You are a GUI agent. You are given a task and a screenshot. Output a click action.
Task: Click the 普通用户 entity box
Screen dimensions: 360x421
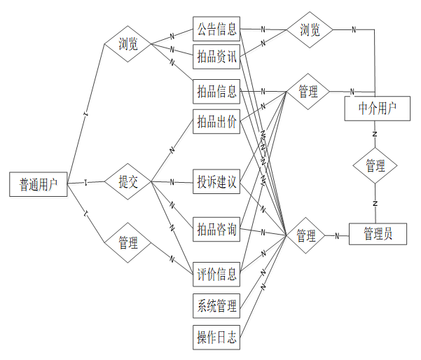[39, 184]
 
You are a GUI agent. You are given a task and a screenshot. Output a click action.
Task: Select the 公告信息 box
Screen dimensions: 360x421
[216, 30]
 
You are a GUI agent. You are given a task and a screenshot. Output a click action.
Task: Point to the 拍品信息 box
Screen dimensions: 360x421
[216, 91]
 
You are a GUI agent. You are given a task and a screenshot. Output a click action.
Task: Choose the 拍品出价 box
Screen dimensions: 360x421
[216, 122]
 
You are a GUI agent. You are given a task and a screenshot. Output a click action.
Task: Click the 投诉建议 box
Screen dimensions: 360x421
[216, 183]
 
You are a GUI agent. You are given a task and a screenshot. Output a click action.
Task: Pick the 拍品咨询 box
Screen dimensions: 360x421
[216, 230]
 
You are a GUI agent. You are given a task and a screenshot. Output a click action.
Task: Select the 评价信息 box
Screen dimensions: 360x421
[216, 272]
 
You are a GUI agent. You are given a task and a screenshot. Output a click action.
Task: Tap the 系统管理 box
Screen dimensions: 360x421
[216, 305]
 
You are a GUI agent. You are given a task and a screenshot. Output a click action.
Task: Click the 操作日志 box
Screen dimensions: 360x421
[216, 338]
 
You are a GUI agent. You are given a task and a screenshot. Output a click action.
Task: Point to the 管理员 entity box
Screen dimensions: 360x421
[378, 234]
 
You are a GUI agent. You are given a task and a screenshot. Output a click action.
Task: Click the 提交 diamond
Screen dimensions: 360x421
[128, 183]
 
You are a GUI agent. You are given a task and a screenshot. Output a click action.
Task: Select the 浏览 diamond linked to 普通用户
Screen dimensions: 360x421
[128, 44]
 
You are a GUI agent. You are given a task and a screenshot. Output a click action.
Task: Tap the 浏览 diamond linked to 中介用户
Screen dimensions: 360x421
[310, 30]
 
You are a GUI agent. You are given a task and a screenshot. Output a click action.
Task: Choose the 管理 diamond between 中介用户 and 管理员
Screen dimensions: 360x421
[375, 166]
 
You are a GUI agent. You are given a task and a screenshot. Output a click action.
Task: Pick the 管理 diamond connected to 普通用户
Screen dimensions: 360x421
[128, 243]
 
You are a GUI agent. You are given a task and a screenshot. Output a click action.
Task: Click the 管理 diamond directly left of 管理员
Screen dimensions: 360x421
[306, 236]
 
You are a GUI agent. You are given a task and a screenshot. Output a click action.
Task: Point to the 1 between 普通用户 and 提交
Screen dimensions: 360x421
[85, 183]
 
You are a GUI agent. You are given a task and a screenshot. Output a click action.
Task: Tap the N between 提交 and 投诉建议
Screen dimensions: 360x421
[172, 183]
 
